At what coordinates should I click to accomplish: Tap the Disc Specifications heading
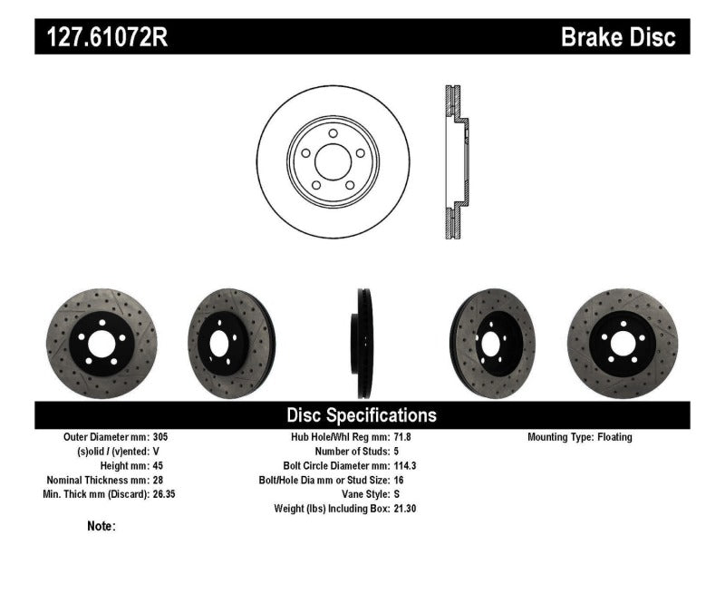[x=362, y=415]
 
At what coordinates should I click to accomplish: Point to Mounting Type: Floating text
[x=580, y=437]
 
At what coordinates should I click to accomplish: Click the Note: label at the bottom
[x=101, y=526]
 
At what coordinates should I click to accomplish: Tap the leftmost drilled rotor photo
[x=101, y=343]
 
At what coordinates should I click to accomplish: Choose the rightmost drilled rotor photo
[x=623, y=343]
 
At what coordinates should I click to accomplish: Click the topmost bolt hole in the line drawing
[x=334, y=134]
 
